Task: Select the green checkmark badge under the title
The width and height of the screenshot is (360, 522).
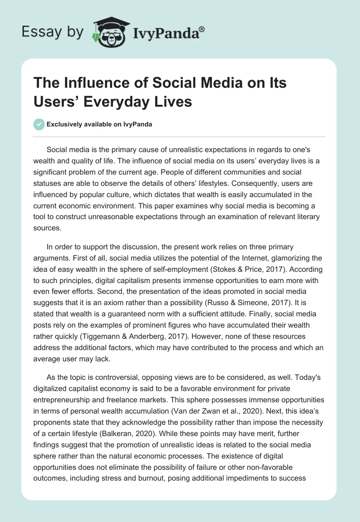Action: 39,124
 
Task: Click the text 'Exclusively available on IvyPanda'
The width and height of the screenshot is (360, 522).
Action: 99,125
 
